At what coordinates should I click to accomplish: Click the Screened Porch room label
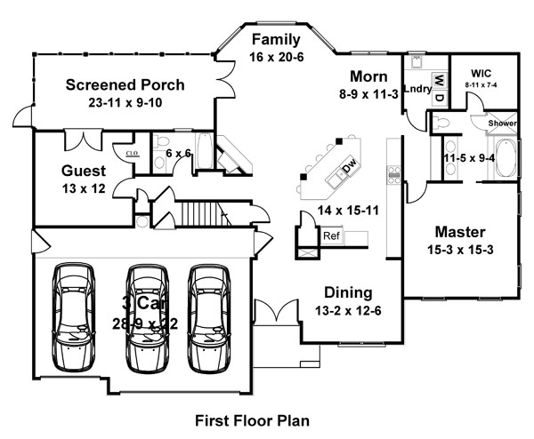[x=125, y=85]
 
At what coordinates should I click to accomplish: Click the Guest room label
[x=84, y=171]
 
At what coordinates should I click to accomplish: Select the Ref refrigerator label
[x=331, y=236]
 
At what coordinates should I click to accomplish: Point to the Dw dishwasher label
[x=350, y=165]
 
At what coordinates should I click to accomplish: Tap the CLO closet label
[x=133, y=152]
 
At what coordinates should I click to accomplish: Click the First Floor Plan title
[x=252, y=418]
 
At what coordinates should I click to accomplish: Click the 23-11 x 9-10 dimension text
[x=125, y=103]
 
